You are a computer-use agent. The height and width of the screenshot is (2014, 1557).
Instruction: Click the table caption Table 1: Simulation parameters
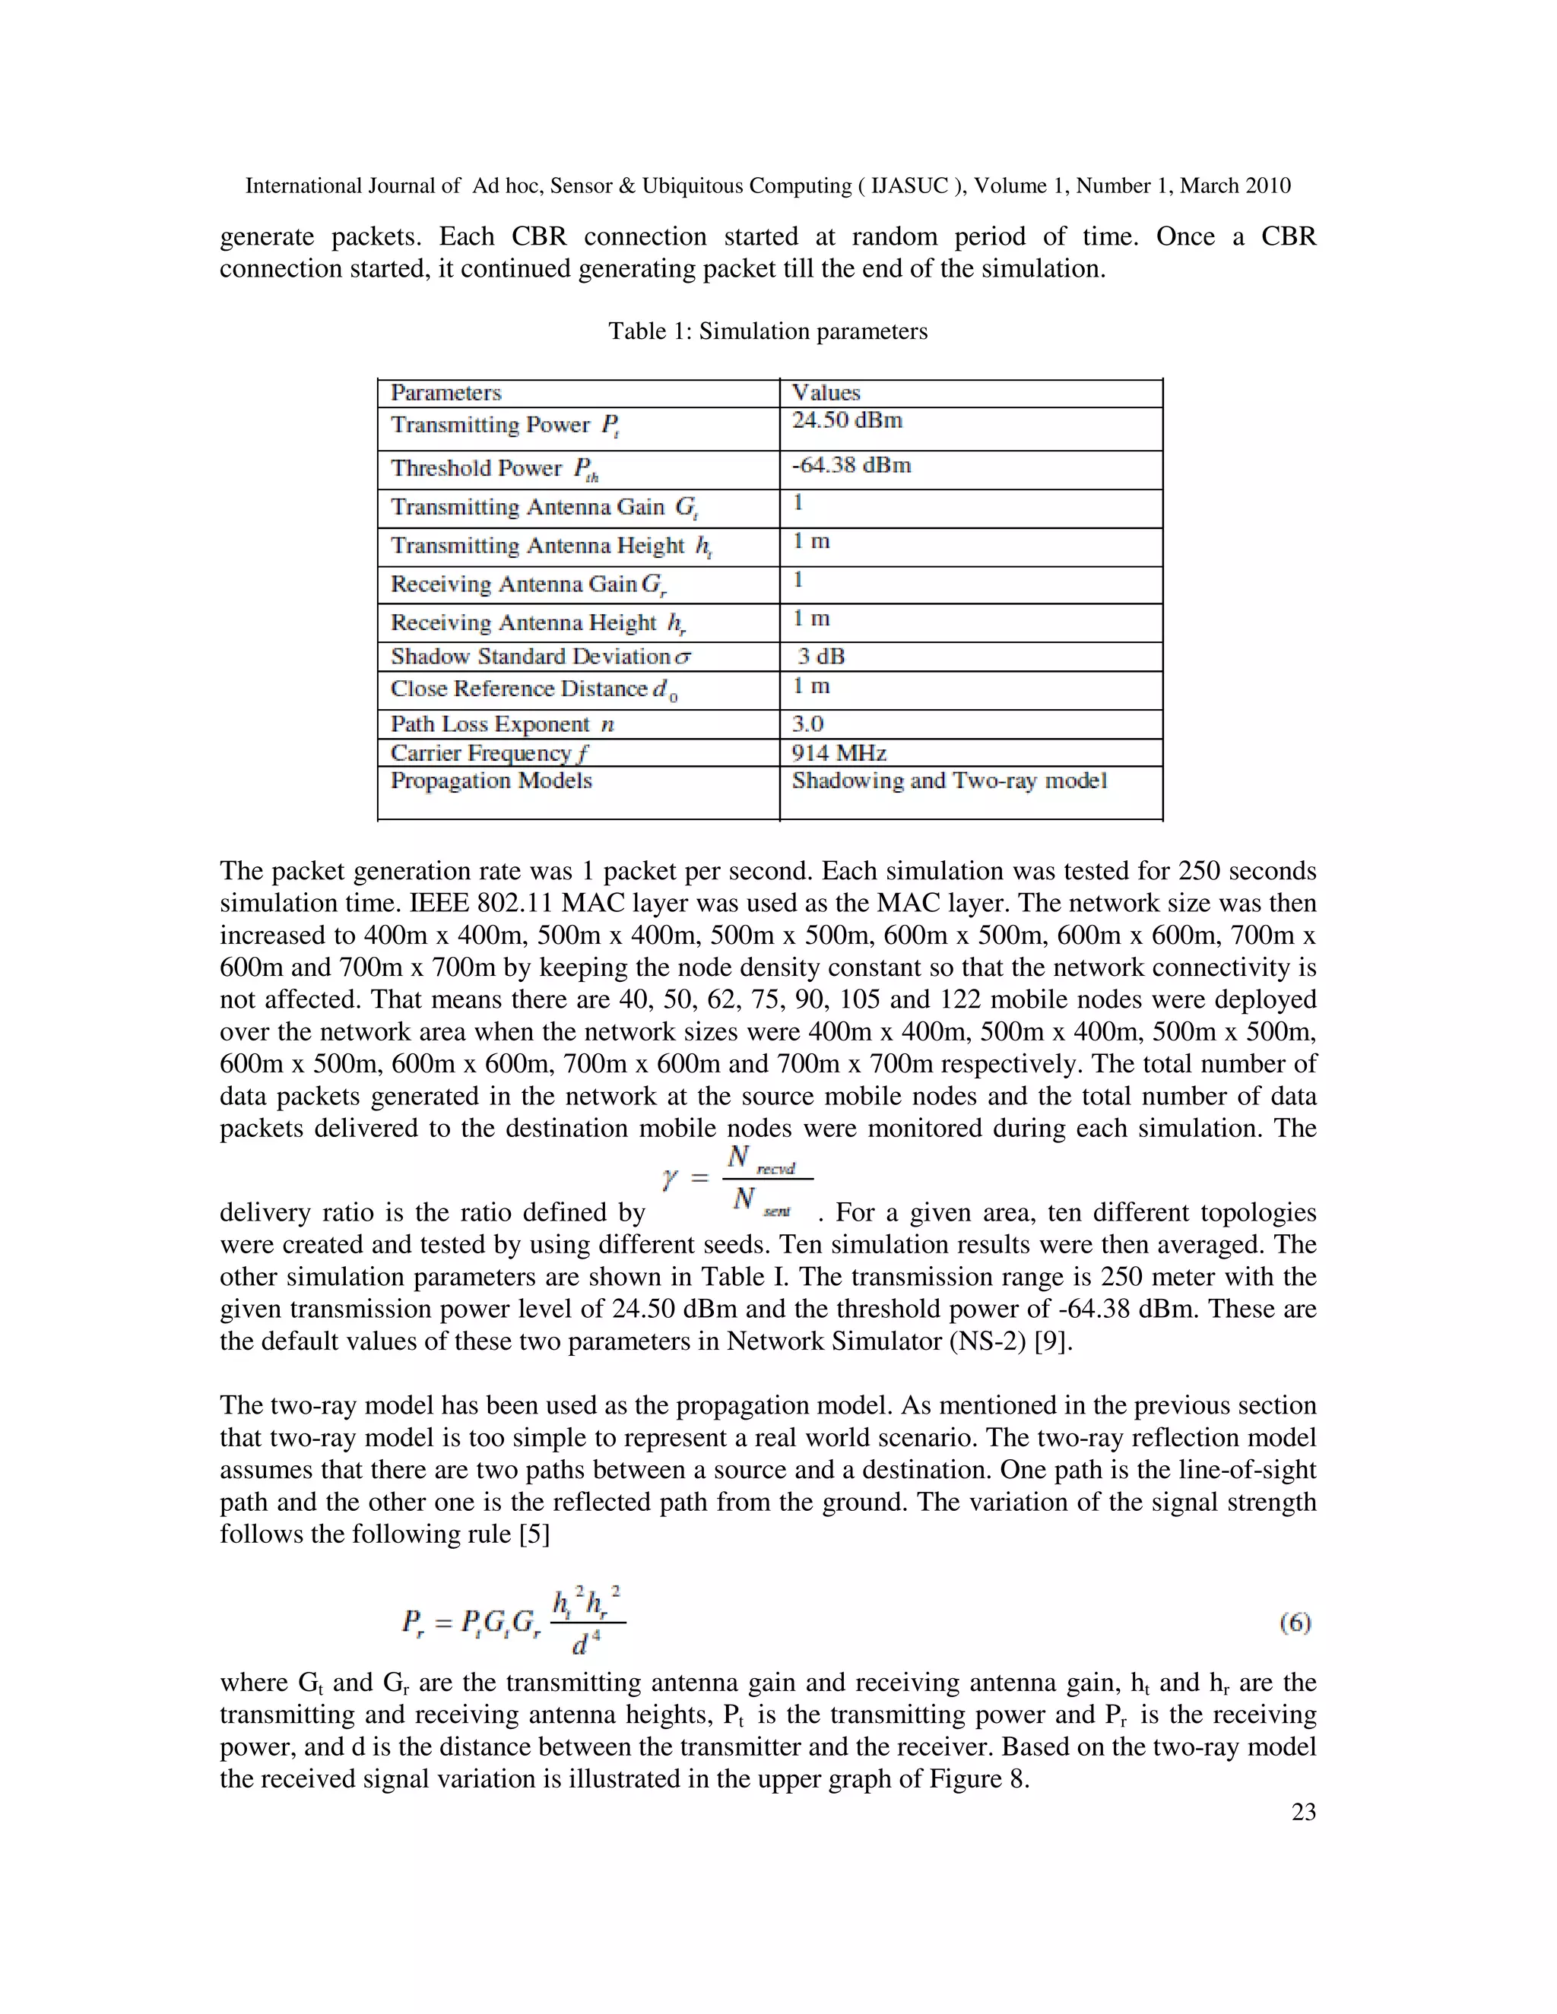pos(767,331)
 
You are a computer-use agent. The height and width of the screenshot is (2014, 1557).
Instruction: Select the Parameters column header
pos(446,393)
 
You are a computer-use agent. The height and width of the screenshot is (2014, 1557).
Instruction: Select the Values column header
pos(826,393)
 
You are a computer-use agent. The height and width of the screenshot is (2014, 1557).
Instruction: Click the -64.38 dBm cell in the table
pos(851,465)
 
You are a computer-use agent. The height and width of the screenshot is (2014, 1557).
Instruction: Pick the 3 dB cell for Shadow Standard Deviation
pos(821,657)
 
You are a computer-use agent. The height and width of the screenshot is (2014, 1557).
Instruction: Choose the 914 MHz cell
pos(839,753)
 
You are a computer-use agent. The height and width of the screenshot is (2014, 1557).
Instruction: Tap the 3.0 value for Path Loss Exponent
pos(807,724)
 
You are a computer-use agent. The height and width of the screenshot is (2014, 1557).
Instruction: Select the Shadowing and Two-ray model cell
pos(949,781)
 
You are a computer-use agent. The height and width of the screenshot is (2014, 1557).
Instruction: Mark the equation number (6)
pos(1295,1623)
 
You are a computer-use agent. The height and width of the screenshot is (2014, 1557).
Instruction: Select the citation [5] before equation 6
pos(534,1534)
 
